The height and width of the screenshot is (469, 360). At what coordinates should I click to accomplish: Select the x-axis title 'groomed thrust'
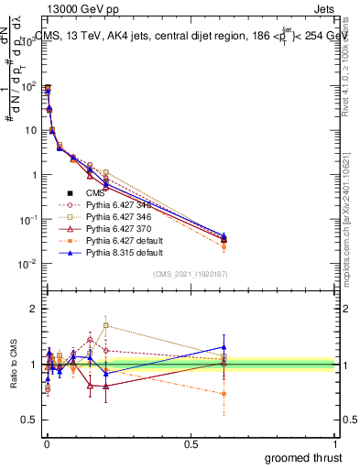click(303, 457)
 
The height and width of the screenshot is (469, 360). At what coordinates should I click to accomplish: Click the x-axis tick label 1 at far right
click(335, 444)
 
